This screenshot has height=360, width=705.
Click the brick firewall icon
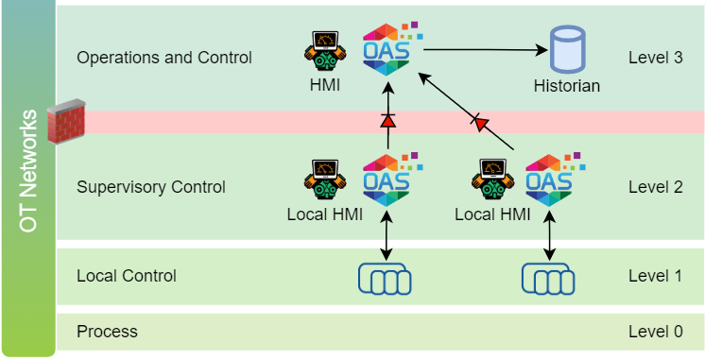66,122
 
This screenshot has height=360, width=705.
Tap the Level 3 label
655,58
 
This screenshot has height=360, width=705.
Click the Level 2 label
655,186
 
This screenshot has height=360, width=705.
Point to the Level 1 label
655,276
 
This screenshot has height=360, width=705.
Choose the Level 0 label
655,332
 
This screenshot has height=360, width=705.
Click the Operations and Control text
164,58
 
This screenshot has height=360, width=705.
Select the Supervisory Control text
151,186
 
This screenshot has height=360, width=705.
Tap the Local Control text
127,276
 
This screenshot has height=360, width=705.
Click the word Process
107,332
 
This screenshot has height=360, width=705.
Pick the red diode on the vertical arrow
387,121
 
